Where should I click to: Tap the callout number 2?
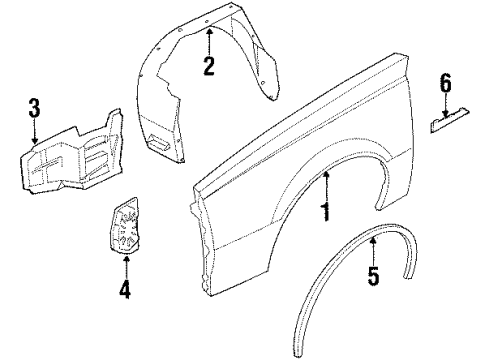point(209,69)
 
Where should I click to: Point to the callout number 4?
point(125,290)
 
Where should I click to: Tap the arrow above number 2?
point(209,38)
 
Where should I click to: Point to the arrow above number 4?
point(125,264)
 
